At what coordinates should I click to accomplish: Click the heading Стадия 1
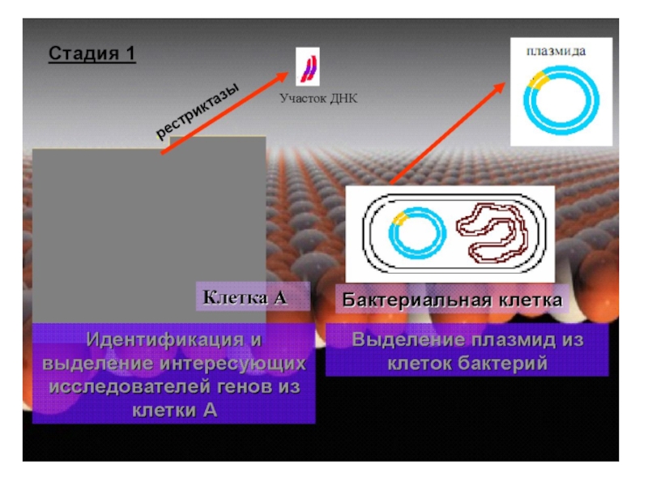point(92,54)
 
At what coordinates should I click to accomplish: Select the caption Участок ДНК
point(318,99)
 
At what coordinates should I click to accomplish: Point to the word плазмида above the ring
point(556,50)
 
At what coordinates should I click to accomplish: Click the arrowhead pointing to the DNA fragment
point(283,77)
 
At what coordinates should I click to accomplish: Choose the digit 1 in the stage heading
point(130,54)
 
